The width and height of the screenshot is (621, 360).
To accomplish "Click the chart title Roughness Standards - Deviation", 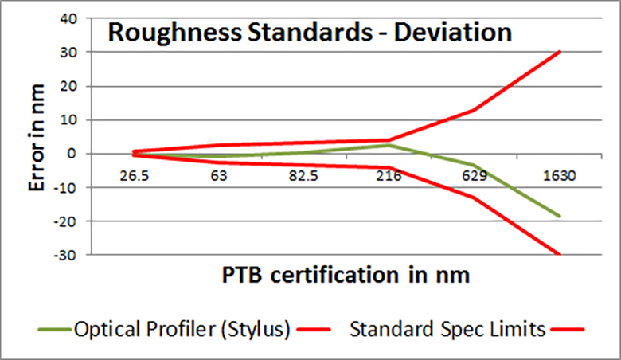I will point(308,33).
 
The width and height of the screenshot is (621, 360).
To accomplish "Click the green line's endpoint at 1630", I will point(560,216).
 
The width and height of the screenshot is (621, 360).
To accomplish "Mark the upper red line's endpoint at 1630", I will point(560,52).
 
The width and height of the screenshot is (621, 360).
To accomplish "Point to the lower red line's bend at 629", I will point(475,198).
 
